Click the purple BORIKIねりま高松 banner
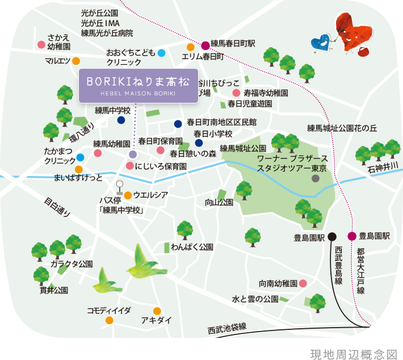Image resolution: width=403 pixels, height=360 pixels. point(138,86)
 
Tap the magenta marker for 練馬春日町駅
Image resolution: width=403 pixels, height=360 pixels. point(205,45)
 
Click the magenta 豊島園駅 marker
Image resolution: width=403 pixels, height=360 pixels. point(352,237)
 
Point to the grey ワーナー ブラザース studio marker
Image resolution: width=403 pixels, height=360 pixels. point(316,178)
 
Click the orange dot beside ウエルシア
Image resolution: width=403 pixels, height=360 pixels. point(128,195)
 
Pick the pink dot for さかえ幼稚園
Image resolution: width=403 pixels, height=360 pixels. point(41,44)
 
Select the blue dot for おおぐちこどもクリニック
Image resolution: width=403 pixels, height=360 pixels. point(161,53)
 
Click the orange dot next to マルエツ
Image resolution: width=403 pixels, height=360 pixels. point(75,61)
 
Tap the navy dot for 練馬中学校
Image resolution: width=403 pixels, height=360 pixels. point(121,120)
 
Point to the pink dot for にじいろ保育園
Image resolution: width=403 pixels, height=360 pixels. point(130,166)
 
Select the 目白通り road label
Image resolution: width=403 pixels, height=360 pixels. point(57,207)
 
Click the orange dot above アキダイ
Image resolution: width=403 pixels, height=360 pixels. point(157,311)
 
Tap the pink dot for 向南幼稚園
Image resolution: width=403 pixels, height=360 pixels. point(303,283)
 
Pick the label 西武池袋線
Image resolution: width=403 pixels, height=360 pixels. point(227,328)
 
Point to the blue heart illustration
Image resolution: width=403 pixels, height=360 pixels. point(321,43)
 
